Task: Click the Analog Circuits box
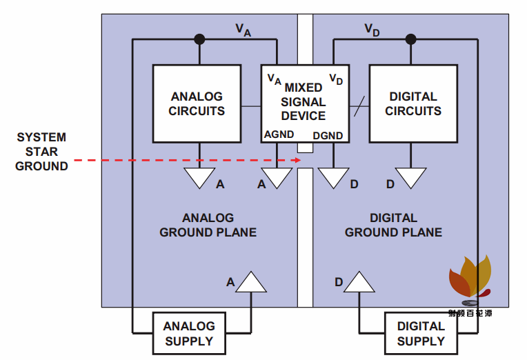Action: pos(197,103)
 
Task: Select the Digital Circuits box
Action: pos(413,103)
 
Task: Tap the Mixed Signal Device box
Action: pos(304,103)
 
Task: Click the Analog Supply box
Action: pos(189,333)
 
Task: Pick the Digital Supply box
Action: pos(421,333)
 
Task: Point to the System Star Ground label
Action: pos(42,152)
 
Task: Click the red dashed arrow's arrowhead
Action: pos(298,161)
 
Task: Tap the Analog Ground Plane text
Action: pos(208,226)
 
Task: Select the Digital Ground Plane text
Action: pos(393,226)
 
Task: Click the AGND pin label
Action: pos(279,134)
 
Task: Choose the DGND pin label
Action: pos(329,135)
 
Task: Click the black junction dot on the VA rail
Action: pos(199,39)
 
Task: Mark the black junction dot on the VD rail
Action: pos(411,39)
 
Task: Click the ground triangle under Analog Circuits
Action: pos(199,178)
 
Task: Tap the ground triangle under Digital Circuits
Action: pos(411,178)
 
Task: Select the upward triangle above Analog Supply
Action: pos(251,283)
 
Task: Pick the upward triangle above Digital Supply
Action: pos(359,283)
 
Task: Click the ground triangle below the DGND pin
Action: pos(334,178)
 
